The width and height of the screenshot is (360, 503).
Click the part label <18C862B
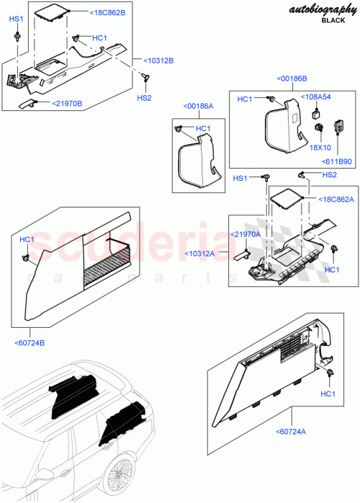pyautogui.click(x=107, y=13)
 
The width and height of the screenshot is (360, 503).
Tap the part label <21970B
pyautogui.click(x=66, y=104)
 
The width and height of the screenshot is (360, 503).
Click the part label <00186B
pyautogui.click(x=292, y=77)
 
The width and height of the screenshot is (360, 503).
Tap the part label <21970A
pyautogui.click(x=246, y=234)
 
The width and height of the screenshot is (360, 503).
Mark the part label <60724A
pyautogui.click(x=291, y=432)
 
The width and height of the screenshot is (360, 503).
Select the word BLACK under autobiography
pyautogui.click(x=332, y=21)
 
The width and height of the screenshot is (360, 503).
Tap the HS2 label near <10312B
pyautogui.click(x=144, y=98)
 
